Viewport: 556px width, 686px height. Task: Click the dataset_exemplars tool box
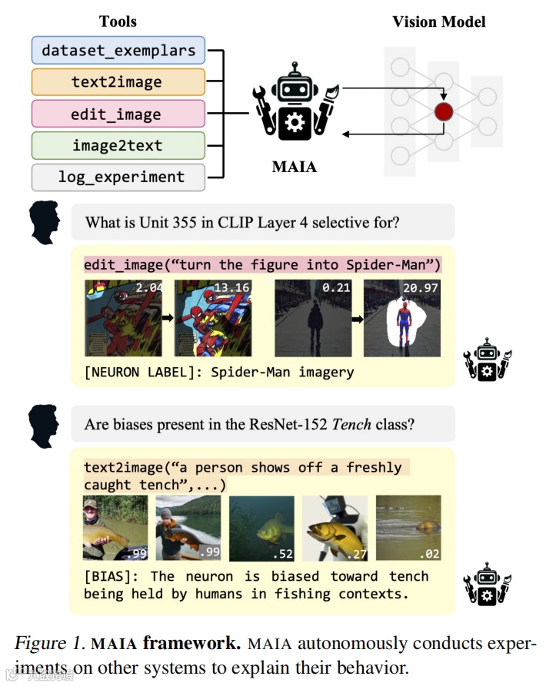point(118,51)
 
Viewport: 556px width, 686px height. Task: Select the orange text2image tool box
point(118,82)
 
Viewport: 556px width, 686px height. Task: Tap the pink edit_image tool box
point(118,114)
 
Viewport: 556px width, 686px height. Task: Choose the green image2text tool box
point(118,145)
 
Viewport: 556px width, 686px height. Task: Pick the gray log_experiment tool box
point(118,177)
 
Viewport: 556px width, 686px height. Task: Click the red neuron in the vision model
point(444,112)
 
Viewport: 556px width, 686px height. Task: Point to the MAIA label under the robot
point(295,166)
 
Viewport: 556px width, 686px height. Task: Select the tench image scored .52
point(261,527)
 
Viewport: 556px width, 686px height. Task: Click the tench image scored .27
point(335,527)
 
